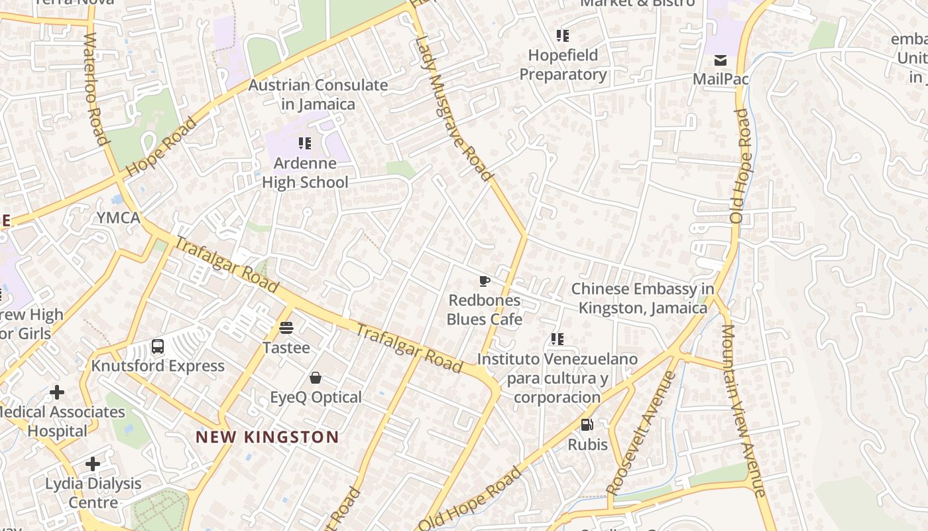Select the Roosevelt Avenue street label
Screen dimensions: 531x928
pos(642,432)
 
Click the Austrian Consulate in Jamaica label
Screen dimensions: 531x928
pos(318,94)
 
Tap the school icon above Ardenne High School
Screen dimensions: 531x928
pos(305,143)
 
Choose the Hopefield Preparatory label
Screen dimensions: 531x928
pos(563,64)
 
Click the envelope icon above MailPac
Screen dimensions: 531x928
pos(721,60)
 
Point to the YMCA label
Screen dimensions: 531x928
pos(119,218)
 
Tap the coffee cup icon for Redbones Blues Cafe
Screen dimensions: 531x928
pos(485,281)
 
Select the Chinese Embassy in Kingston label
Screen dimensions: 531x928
pos(643,298)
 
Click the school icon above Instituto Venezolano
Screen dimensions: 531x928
pos(557,339)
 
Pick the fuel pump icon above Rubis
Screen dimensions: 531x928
pos(587,425)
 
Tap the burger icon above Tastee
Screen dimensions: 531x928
pos(286,327)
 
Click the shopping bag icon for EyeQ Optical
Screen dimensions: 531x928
pos(316,378)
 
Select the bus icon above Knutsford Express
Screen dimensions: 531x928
pos(158,346)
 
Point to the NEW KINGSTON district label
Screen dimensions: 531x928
pos(267,437)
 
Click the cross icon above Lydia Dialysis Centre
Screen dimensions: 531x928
pos(93,463)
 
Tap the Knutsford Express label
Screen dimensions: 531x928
pos(158,366)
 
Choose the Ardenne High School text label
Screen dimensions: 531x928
pos(305,173)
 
